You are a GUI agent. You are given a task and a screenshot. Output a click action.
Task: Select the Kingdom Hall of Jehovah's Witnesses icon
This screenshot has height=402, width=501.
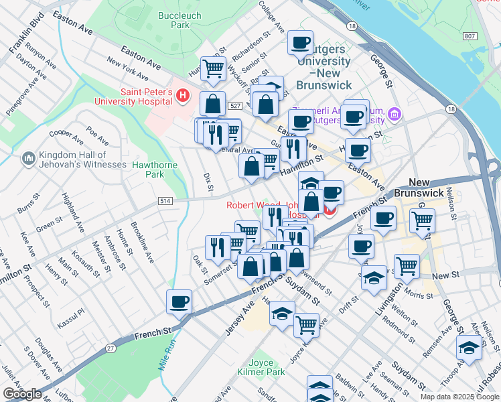(28, 158)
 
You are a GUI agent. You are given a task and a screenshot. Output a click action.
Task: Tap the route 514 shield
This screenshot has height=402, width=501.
(165, 200)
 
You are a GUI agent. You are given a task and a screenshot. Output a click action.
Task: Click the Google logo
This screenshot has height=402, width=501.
(22, 394)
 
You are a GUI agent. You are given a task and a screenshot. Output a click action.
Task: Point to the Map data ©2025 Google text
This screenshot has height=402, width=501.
(459, 397)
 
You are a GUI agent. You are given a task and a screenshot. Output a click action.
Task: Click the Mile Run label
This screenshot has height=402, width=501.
(167, 352)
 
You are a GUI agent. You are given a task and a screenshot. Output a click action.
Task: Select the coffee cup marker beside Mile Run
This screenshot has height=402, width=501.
(179, 301)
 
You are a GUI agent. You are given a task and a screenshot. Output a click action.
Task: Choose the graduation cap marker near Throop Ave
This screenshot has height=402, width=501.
(468, 347)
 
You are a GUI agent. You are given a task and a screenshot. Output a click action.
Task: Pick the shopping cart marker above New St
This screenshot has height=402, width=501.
(407, 266)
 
